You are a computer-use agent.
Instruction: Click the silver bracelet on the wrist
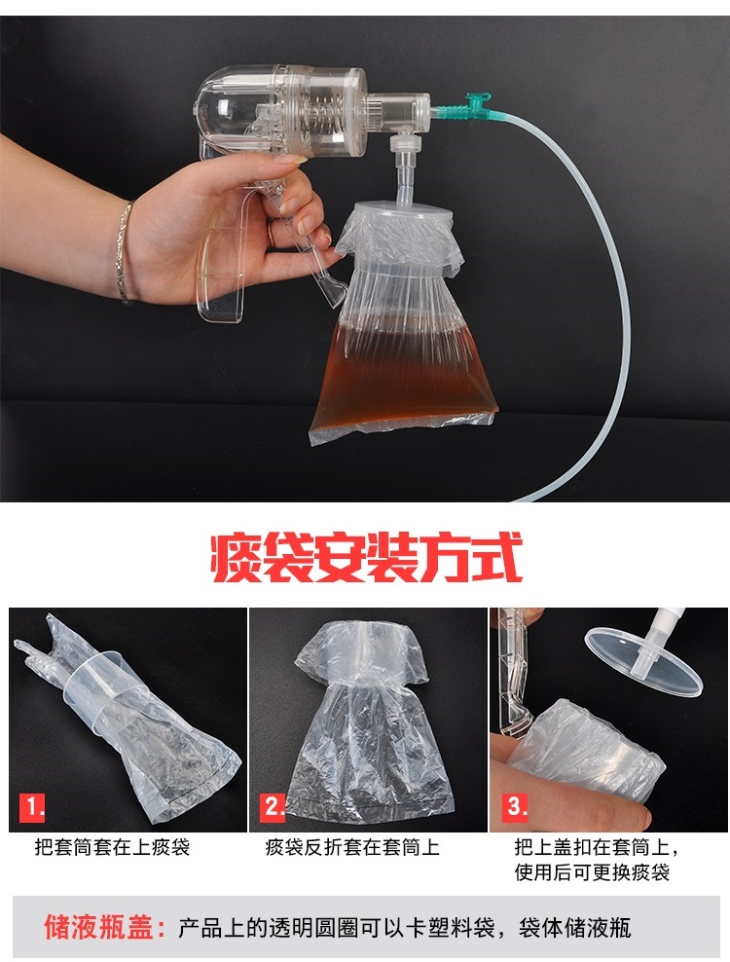click(126, 251)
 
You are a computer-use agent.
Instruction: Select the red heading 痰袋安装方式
click(366, 557)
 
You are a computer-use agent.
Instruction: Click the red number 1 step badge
click(32, 807)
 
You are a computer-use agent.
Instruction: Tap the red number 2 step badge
click(273, 807)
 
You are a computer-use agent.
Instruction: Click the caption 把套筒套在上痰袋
click(112, 848)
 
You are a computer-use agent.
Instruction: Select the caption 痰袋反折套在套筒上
click(352, 848)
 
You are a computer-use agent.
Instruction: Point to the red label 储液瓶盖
click(104, 926)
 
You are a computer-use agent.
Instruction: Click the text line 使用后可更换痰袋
click(592, 872)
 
